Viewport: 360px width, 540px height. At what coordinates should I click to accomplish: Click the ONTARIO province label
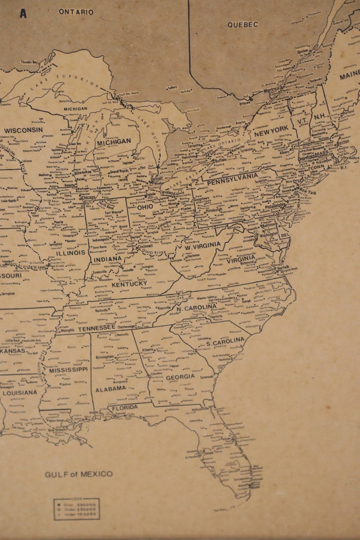click(x=76, y=12)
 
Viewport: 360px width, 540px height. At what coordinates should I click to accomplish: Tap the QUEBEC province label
click(x=243, y=24)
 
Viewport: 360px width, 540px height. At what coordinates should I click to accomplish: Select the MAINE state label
click(x=350, y=75)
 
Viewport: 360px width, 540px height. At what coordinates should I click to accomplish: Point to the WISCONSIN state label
click(x=23, y=130)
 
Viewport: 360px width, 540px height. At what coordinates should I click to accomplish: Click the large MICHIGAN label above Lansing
click(x=114, y=141)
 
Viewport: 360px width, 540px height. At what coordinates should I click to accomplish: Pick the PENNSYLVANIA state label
click(x=232, y=179)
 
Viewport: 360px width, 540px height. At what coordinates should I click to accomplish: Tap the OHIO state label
click(x=145, y=207)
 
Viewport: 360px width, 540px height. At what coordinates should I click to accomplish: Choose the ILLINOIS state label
click(x=71, y=253)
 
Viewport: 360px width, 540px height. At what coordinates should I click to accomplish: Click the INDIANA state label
click(x=108, y=259)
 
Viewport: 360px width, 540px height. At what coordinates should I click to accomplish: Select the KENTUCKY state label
click(x=129, y=284)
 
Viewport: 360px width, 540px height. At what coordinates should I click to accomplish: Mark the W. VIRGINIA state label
click(x=202, y=246)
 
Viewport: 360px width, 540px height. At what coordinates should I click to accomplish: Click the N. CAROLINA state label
click(x=197, y=308)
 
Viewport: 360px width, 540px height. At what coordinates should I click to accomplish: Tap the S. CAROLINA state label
click(x=225, y=342)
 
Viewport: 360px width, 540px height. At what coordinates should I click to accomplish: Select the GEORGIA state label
click(x=180, y=376)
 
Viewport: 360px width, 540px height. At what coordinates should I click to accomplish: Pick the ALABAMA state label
click(x=111, y=389)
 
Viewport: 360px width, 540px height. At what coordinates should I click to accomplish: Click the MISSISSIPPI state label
click(x=68, y=370)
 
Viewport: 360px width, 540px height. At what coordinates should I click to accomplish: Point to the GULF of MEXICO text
click(x=79, y=474)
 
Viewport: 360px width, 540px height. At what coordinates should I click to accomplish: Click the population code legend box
click(x=76, y=509)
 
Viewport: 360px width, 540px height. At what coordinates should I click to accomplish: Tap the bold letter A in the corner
click(x=23, y=14)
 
